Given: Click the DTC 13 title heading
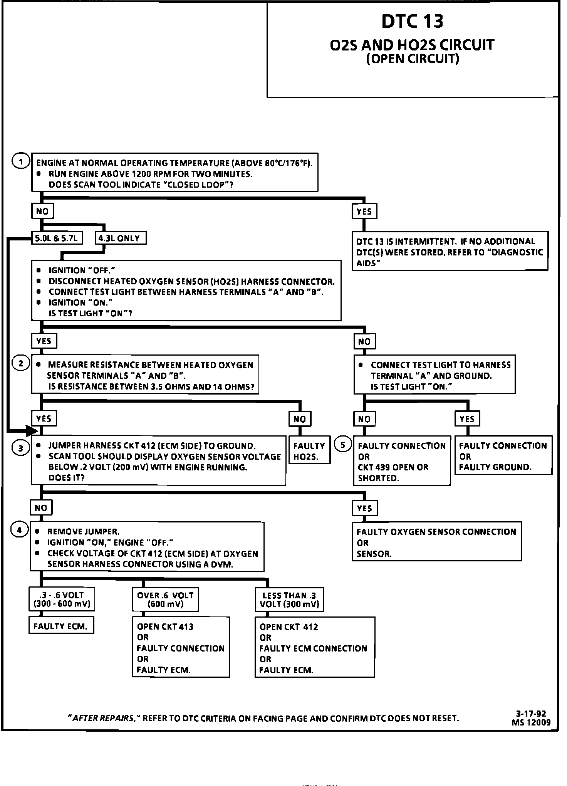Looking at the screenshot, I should click(412, 22).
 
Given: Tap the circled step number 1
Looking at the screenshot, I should click(21, 161).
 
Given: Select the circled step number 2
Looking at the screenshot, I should click(21, 363).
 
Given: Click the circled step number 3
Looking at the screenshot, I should click(21, 448).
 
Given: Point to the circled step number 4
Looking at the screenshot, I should click(20, 530).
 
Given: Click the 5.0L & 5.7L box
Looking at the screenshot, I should click(57, 238).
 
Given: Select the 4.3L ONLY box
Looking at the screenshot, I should click(120, 238).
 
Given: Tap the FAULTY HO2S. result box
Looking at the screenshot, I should click(309, 451).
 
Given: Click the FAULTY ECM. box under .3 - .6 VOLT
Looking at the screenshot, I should click(61, 626).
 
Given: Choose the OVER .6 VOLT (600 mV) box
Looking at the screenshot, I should click(165, 600).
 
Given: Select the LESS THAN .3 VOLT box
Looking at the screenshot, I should click(289, 600).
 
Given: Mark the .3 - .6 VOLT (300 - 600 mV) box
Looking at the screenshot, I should click(62, 599).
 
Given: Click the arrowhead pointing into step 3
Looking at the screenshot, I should click(32, 430).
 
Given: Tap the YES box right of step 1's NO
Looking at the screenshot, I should click(364, 212).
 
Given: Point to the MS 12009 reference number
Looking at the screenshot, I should click(531, 722).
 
